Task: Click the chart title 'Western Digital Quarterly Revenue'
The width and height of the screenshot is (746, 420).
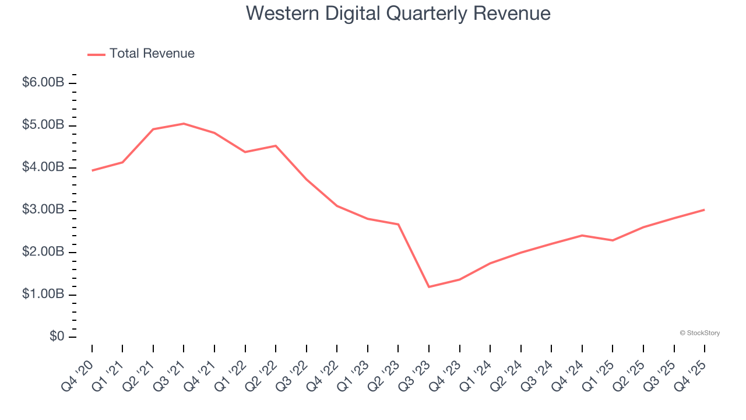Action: click(398, 13)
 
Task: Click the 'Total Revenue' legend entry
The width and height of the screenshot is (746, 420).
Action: click(152, 54)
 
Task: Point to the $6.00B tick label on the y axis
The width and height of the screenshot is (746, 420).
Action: click(43, 83)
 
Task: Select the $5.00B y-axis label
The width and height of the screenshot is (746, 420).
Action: click(43, 125)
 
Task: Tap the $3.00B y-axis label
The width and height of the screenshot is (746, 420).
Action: click(43, 210)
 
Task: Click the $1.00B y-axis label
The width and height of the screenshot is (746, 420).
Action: click(43, 295)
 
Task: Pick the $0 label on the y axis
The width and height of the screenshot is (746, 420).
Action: click(56, 337)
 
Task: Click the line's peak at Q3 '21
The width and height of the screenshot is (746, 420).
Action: click(184, 124)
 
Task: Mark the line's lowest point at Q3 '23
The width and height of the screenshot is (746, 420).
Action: click(429, 287)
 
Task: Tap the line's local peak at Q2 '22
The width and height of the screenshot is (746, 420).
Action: click(276, 146)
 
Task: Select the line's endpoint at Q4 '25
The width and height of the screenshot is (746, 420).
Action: click(704, 210)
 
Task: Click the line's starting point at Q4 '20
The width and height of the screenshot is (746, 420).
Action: click(92, 170)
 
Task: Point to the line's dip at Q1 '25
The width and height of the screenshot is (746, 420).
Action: click(613, 240)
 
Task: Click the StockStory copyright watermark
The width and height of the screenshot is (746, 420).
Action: click(699, 333)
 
